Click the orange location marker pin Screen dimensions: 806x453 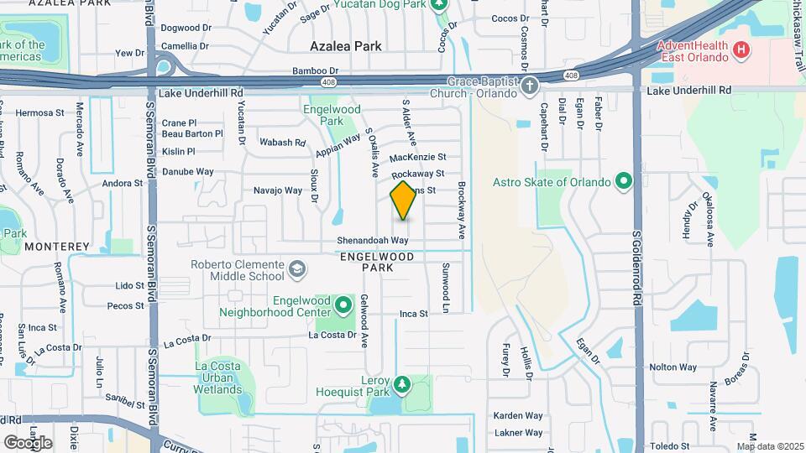pyautogui.click(x=403, y=200)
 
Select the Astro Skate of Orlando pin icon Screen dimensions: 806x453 pyautogui.click(x=623, y=181)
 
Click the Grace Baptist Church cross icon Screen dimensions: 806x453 pyautogui.click(x=529, y=85)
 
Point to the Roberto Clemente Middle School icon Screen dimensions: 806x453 pyautogui.click(x=296, y=269)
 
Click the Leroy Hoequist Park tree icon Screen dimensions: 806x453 pyautogui.click(x=402, y=384)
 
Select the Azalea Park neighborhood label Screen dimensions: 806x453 pyautogui.click(x=346, y=46)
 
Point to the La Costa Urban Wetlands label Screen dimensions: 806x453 pyautogui.click(x=218, y=377)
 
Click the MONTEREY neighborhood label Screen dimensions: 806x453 pyautogui.click(x=57, y=247)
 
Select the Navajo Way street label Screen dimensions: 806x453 pyautogui.click(x=278, y=191)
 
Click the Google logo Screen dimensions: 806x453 pyautogui.click(x=28, y=442)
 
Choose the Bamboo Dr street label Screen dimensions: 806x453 pyautogui.click(x=315, y=71)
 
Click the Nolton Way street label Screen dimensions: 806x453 pyautogui.click(x=673, y=367)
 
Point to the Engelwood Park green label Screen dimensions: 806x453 pyautogui.click(x=332, y=115)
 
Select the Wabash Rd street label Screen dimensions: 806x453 pyautogui.click(x=283, y=143)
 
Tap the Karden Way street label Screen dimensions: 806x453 pyautogui.click(x=518, y=415)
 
